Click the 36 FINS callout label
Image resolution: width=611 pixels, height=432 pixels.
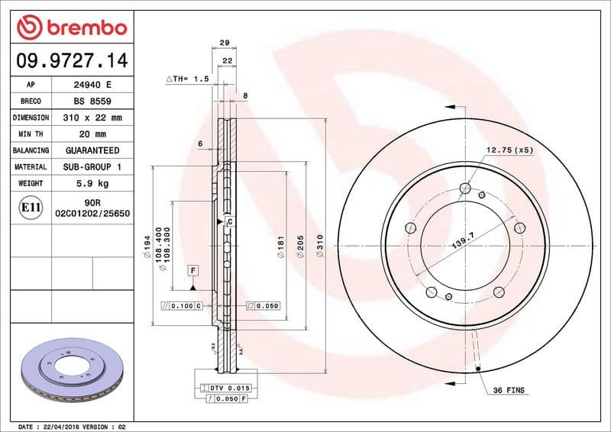pos(510,390)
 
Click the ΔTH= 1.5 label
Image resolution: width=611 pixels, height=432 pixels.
pos(187,79)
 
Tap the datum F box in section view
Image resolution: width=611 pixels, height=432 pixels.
pos(193,271)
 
